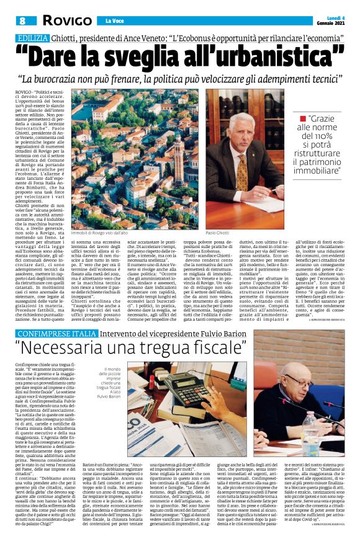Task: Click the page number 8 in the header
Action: (x=22, y=20)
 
